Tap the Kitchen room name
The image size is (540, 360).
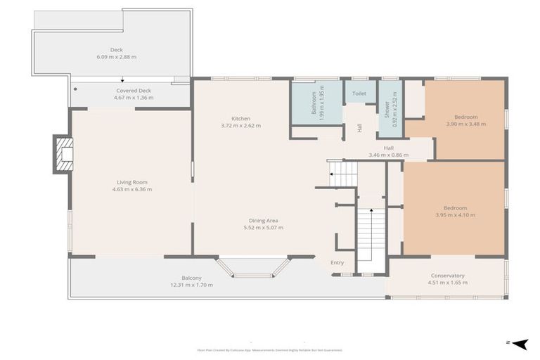point(240,118)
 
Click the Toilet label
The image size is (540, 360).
point(359,93)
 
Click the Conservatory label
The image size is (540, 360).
point(447,276)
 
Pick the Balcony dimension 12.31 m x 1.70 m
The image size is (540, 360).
point(192,285)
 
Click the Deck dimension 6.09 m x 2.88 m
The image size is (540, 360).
point(116,57)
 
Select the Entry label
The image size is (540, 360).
point(337,263)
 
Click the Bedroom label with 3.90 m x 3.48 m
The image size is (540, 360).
point(465,117)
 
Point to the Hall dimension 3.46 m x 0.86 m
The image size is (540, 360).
point(388,155)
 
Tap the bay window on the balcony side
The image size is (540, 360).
point(253,268)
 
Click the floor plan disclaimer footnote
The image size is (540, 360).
point(270,349)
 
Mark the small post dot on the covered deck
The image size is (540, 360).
point(75,89)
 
